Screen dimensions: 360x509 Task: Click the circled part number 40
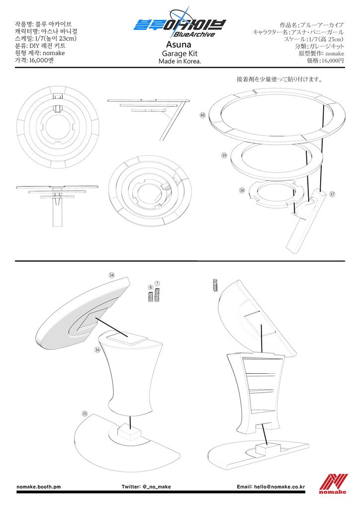point(202,115)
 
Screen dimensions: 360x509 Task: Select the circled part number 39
point(224,156)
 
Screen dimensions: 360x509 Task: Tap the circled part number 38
point(242,190)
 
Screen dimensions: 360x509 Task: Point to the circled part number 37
point(332,194)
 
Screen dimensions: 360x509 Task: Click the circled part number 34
point(112,275)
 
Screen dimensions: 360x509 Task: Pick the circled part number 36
point(97,350)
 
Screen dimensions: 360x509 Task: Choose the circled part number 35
point(85,414)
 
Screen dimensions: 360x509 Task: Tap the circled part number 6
point(150,287)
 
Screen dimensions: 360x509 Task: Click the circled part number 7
point(158,283)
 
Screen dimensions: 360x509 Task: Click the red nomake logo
point(333,484)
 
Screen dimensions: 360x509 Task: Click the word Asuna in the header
point(179,44)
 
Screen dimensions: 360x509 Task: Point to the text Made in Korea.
point(180,61)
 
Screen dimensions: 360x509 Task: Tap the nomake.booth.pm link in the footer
point(39,487)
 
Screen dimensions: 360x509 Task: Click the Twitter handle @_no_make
point(156,487)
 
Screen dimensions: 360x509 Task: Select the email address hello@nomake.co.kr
point(279,487)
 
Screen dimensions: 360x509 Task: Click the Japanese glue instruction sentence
point(279,79)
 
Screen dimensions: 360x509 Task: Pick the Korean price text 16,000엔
point(42,60)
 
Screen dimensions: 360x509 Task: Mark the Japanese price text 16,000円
point(333,60)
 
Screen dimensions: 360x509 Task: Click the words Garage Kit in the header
point(180,54)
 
